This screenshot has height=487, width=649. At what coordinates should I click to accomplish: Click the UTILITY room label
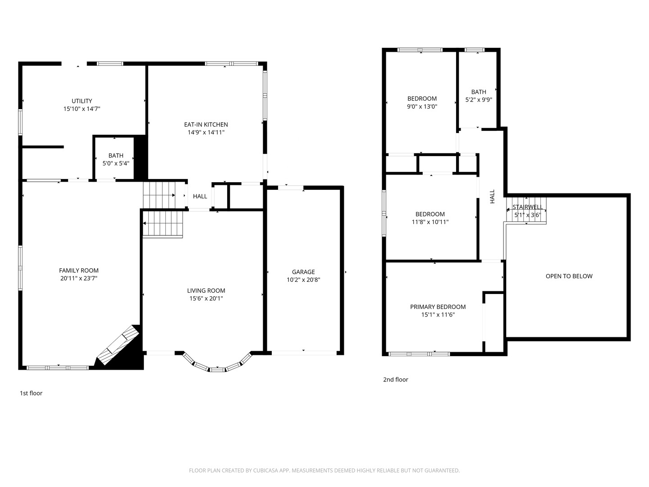82,101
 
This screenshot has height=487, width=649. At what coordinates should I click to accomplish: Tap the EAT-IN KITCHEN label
206,124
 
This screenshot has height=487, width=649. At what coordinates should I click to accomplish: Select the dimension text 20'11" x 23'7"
78,278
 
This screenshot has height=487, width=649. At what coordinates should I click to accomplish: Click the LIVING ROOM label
206,290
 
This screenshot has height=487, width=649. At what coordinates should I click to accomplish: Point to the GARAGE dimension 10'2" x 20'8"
303,280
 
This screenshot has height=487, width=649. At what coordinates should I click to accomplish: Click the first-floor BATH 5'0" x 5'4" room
116,159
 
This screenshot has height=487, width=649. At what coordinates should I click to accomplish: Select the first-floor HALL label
200,196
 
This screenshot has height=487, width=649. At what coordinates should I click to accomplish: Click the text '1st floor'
31,393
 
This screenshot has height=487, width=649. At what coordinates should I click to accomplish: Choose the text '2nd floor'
395,380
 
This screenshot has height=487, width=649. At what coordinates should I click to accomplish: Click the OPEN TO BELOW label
569,276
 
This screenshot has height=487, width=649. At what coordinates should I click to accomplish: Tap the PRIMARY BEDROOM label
438,307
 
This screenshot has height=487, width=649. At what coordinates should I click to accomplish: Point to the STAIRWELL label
527,207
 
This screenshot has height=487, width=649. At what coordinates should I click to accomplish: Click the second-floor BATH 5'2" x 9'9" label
479,92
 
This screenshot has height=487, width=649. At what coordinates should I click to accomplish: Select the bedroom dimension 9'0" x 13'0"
422,107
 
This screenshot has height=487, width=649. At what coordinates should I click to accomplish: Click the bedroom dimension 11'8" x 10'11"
430,222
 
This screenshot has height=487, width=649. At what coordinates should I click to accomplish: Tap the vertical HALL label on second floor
492,196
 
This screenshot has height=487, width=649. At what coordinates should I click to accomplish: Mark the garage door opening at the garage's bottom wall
303,353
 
